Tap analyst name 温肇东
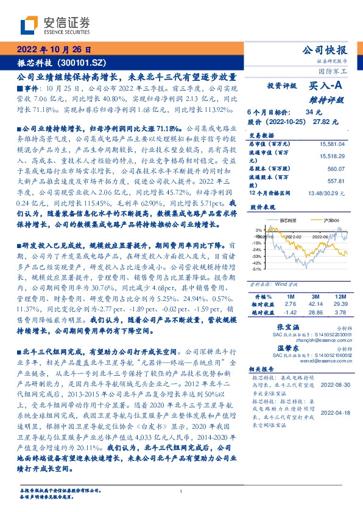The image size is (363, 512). [x=277, y=350]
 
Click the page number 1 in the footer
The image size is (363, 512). [x=181, y=491]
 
